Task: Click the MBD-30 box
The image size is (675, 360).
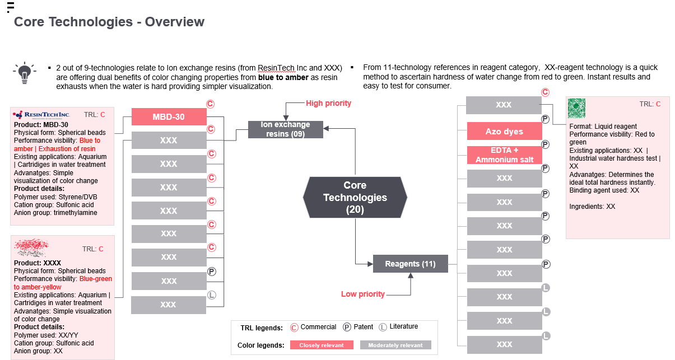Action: pos(169,116)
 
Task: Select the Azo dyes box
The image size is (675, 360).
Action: pos(505,131)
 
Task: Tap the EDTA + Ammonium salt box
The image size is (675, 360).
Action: pos(505,155)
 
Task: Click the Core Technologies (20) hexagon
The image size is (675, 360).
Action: pos(355,197)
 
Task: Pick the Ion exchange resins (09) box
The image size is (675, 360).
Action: pos(285,129)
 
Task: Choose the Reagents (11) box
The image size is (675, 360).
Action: pos(411,264)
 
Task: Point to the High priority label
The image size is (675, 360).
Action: pos(328,104)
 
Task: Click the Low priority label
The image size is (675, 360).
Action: pos(363,294)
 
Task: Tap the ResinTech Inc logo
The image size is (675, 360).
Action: pos(41,115)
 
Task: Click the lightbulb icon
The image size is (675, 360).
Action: pos(25,73)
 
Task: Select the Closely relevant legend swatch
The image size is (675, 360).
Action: pos(322,345)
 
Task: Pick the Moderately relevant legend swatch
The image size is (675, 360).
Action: pos(395,345)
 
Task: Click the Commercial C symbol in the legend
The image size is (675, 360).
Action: pos(294,327)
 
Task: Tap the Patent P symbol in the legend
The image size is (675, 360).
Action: pos(347,327)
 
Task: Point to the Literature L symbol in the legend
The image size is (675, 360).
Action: pos(383,327)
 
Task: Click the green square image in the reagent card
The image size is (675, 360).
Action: pos(576,108)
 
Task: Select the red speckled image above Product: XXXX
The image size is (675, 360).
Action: pos(31,247)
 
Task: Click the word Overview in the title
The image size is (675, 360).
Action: pos(174,22)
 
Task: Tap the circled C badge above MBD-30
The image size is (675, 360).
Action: pos(210,104)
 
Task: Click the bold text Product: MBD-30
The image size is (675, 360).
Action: pos(41,125)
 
